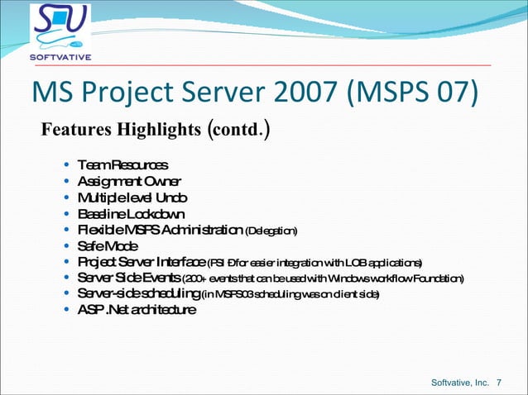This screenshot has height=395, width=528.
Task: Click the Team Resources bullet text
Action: (122, 165)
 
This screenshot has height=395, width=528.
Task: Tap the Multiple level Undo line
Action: (132, 197)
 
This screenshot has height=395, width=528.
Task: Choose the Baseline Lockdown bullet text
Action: (131, 213)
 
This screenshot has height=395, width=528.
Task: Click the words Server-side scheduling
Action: (138, 293)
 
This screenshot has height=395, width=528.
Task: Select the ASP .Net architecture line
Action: (137, 310)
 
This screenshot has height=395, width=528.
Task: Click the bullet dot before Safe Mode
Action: (67, 246)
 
